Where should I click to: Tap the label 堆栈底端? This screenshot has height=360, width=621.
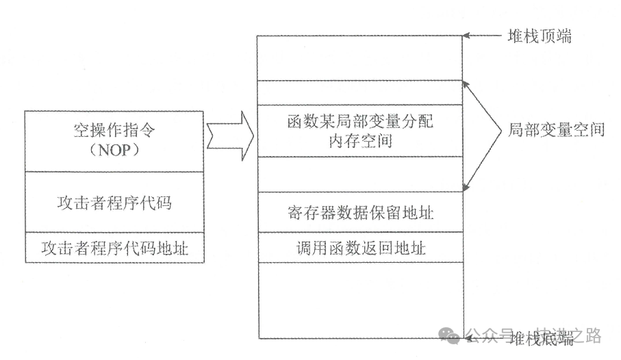click(541, 338)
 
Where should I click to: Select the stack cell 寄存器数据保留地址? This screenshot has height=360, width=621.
click(360, 212)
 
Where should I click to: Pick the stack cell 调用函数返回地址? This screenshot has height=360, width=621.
click(360, 247)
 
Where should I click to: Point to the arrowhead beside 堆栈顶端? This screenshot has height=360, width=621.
click(468, 36)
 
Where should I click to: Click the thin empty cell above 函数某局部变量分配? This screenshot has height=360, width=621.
click(360, 93)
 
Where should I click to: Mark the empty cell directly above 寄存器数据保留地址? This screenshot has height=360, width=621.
click(360, 175)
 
